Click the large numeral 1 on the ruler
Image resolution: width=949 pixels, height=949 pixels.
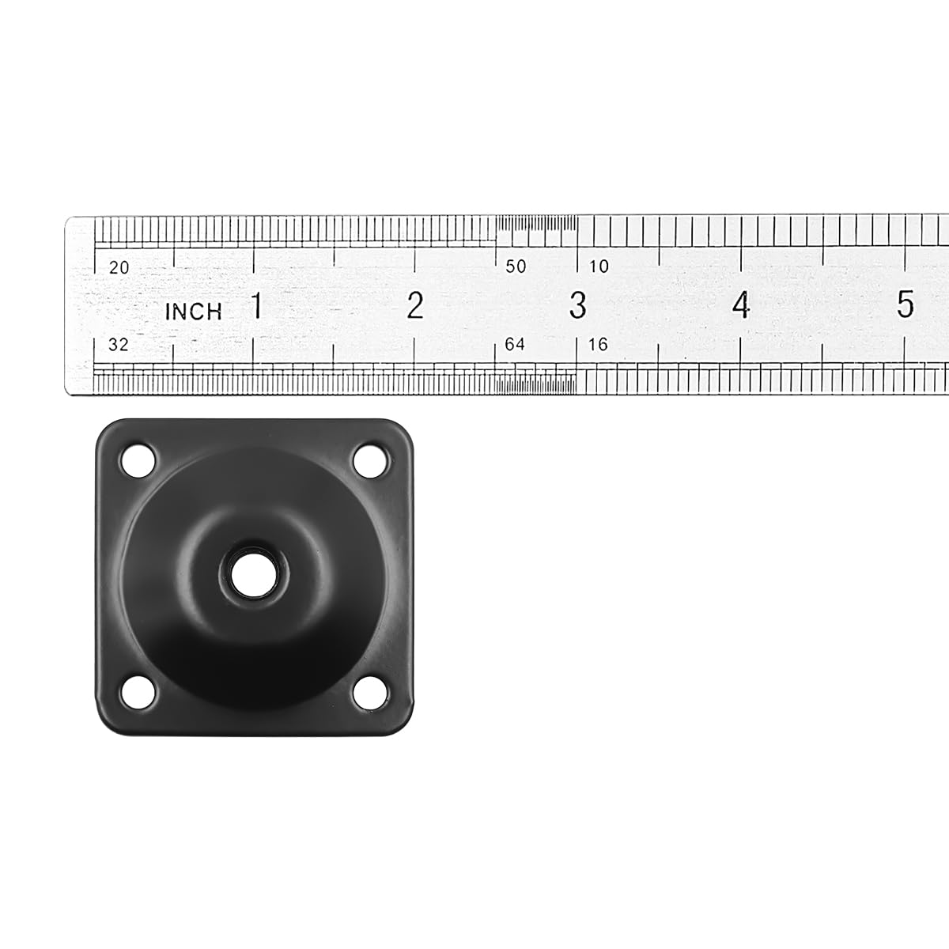tap(256, 305)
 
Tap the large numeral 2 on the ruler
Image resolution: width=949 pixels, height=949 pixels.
tap(415, 305)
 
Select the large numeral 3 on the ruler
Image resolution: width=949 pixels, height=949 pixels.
tap(578, 305)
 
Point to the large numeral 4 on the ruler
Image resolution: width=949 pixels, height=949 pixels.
tap(741, 305)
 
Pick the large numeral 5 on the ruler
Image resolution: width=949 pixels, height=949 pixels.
tap(906, 304)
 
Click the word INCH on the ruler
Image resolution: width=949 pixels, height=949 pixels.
tap(194, 312)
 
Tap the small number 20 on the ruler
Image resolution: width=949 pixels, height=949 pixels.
tap(119, 268)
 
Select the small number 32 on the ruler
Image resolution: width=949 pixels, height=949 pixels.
tap(118, 345)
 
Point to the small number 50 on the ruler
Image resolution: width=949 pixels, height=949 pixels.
tap(516, 267)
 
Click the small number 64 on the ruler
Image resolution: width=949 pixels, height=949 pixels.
tap(515, 345)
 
